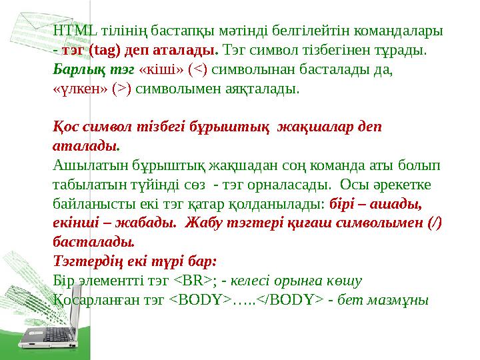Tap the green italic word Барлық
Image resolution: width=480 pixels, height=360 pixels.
(73, 69)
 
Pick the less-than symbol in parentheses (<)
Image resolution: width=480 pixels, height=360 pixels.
(199, 69)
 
